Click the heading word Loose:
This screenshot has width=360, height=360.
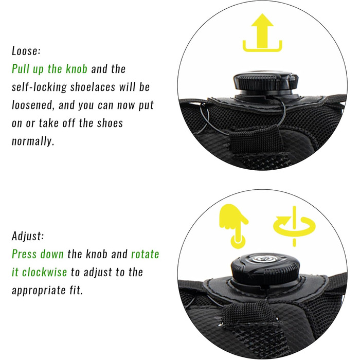point(26,51)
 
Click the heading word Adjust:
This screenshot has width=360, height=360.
point(28,236)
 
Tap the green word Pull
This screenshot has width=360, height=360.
point(21,69)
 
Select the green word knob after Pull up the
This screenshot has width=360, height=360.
point(77,69)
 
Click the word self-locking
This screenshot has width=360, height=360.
point(39,87)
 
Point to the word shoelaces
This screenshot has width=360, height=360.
point(93,87)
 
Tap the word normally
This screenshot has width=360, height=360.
point(33,141)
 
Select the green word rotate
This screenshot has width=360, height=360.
point(145,255)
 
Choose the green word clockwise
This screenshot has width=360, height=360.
point(45,272)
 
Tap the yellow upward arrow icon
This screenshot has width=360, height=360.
point(262,32)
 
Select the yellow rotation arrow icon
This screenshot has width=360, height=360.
point(294,226)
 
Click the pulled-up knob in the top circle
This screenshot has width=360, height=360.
point(266,84)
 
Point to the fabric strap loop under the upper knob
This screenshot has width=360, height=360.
point(256,140)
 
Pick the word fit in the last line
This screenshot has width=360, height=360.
point(76,291)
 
